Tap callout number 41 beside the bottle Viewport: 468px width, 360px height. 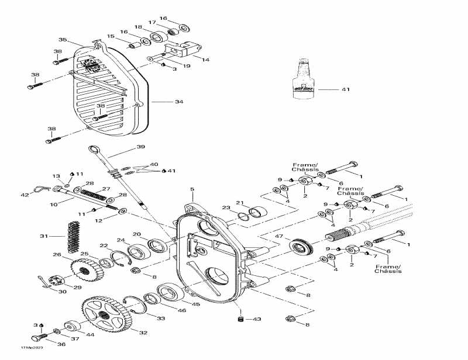click(345, 90)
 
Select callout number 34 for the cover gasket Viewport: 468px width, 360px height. click(179, 102)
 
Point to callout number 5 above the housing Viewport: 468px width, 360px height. click(191, 189)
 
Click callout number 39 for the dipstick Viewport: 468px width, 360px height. click(141, 147)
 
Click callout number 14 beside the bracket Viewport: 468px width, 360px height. click(205, 59)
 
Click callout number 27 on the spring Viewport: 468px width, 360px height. click(106, 189)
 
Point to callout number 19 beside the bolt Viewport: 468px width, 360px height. click(187, 66)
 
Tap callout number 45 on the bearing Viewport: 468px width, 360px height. click(196, 304)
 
